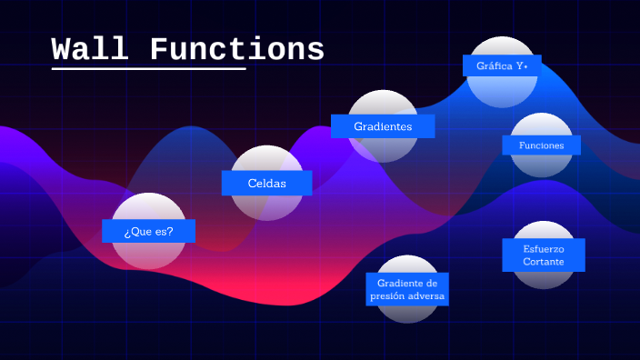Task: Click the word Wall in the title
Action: click(89, 49)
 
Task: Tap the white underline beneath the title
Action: click(148, 68)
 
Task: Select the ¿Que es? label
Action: click(148, 231)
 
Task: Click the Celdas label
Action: click(266, 183)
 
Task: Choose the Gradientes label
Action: click(382, 126)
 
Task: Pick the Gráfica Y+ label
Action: click(501, 65)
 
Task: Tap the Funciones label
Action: click(542, 145)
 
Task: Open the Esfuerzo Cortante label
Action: click(543, 255)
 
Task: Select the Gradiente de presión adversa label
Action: click(407, 290)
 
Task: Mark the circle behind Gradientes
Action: click(383, 103)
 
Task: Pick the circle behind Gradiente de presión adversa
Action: click(407, 313)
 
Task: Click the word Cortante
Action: click(543, 262)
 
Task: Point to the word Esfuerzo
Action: click(543, 248)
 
